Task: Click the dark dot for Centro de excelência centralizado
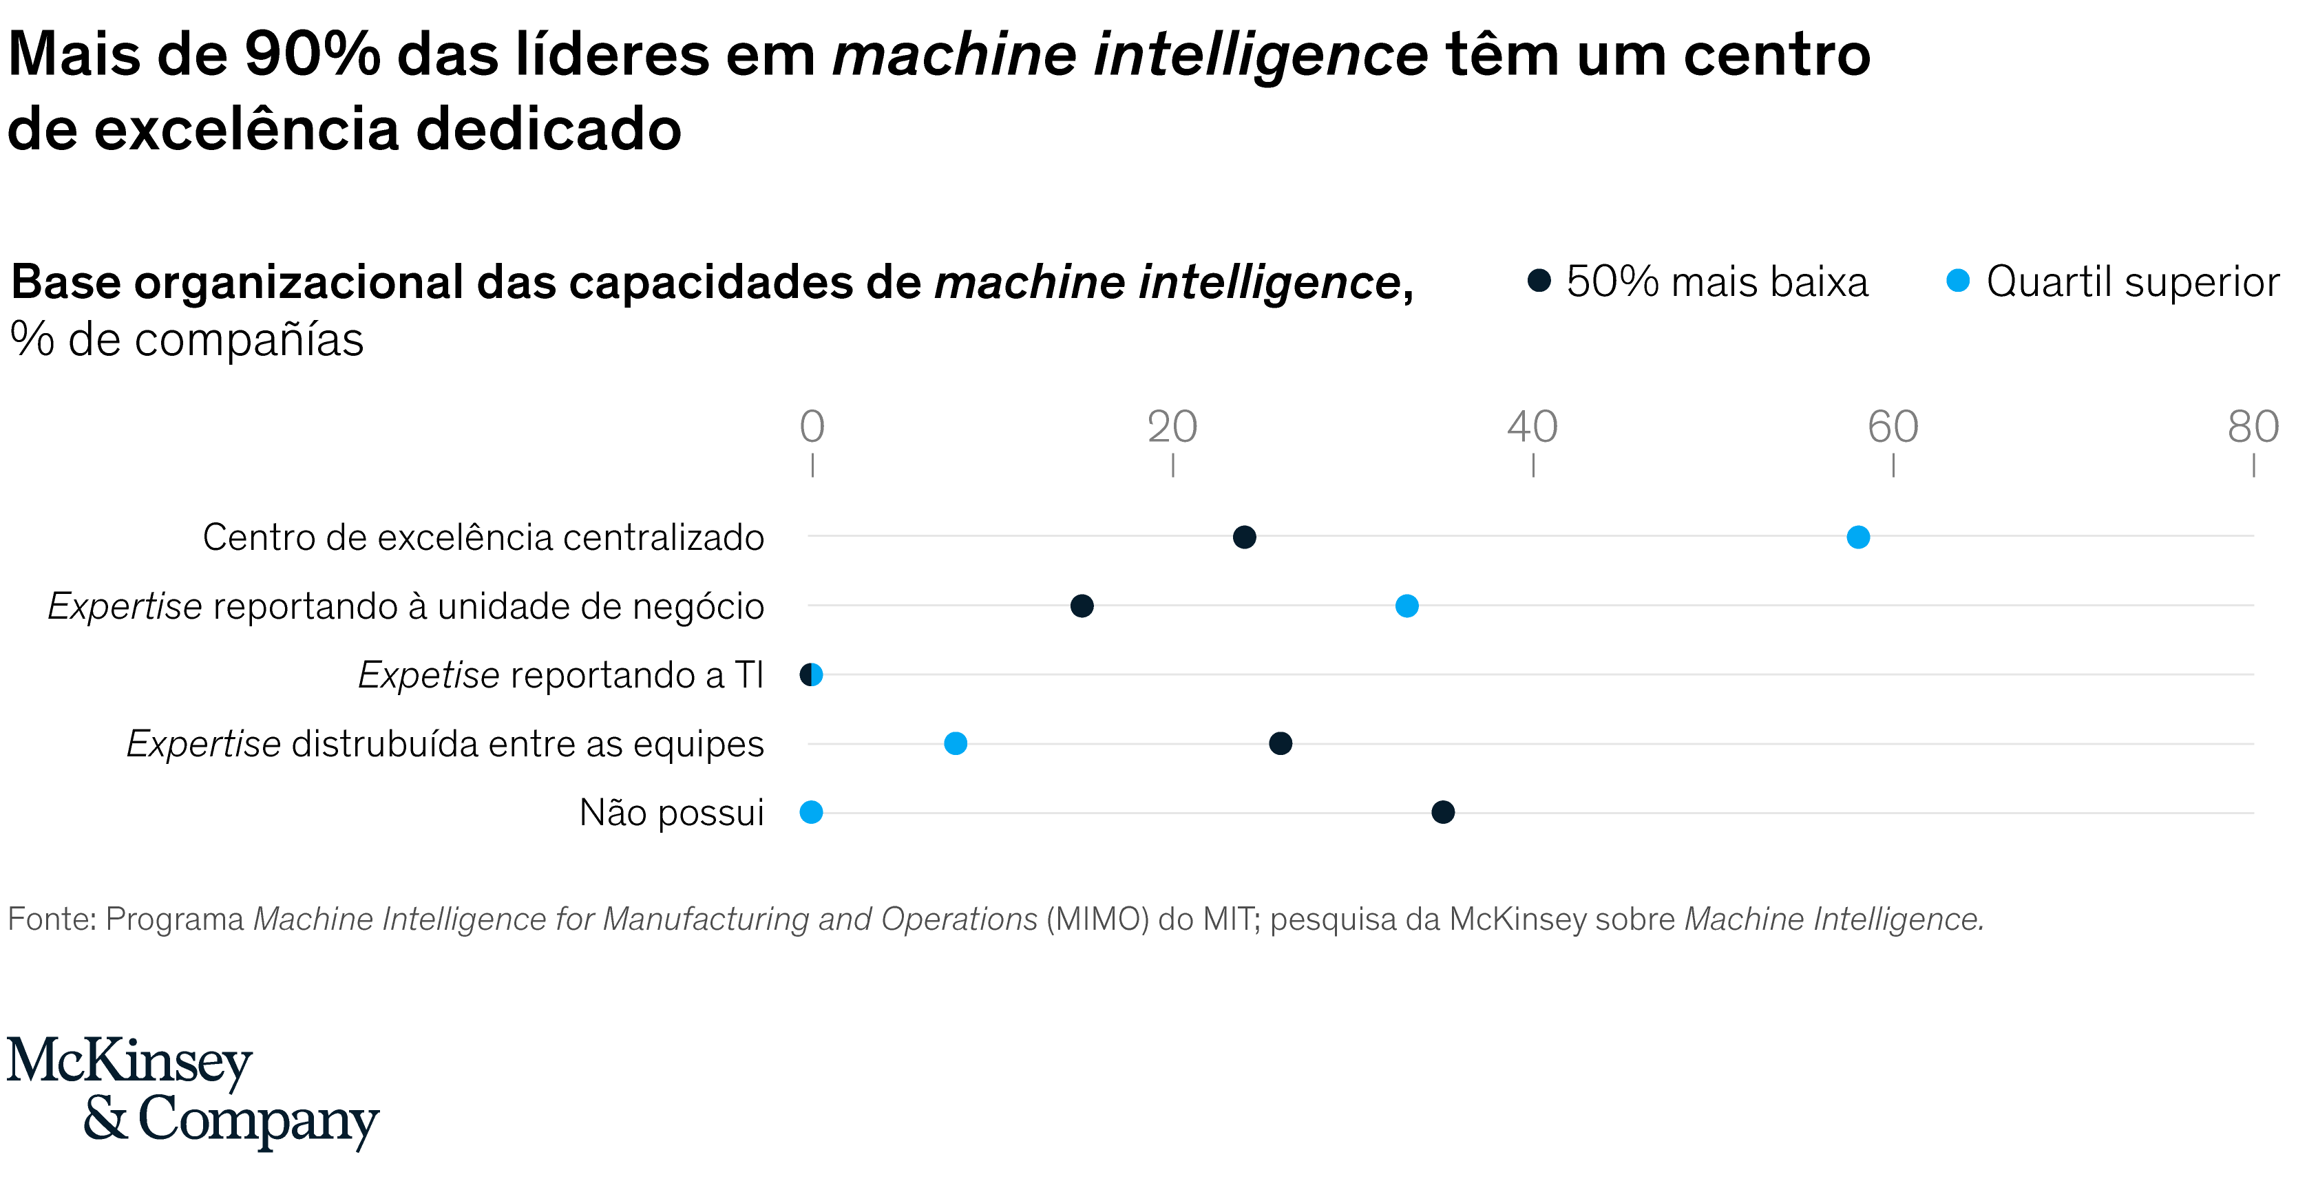pos(1244,538)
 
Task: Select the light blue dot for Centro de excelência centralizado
pos(1858,538)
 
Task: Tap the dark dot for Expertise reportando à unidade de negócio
pos(1082,606)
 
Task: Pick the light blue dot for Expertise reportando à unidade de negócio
pos(1407,606)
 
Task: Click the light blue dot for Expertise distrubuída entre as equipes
pos(956,743)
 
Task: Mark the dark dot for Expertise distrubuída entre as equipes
pos(1281,743)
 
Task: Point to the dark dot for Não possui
pos(1443,812)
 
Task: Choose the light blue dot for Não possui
pos(812,812)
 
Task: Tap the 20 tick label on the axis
pos(1172,427)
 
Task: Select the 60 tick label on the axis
pos(1893,427)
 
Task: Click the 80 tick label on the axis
pos(2253,427)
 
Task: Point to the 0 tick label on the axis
pos(812,427)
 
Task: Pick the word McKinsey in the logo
pos(130,1063)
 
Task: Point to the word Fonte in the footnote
pos(52,919)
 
